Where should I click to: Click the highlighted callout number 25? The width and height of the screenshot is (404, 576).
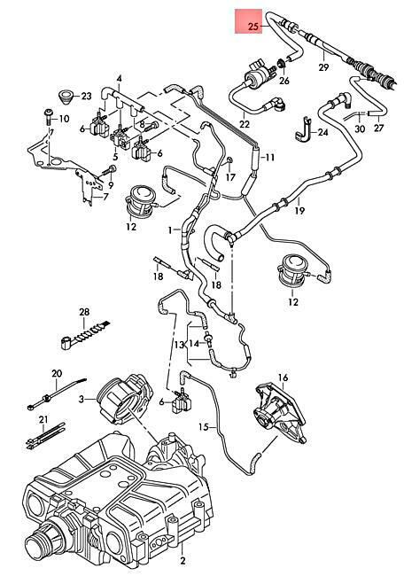(253, 27)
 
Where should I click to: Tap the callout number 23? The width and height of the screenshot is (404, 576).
(86, 97)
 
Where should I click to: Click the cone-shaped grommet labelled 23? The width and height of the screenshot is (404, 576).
(66, 97)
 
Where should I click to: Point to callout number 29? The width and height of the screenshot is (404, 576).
(323, 67)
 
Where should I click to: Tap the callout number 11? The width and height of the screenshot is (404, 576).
(270, 158)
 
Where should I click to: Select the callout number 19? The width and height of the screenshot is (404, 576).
(299, 211)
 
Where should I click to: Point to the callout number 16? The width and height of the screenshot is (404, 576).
(283, 378)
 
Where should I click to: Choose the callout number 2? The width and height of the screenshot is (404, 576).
(183, 560)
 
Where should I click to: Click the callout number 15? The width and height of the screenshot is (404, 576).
(204, 427)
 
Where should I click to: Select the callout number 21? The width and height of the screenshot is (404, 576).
(43, 419)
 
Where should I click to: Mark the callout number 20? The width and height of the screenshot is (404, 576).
(57, 374)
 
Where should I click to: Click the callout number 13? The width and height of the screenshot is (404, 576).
(179, 345)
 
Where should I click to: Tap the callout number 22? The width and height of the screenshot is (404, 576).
(245, 124)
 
